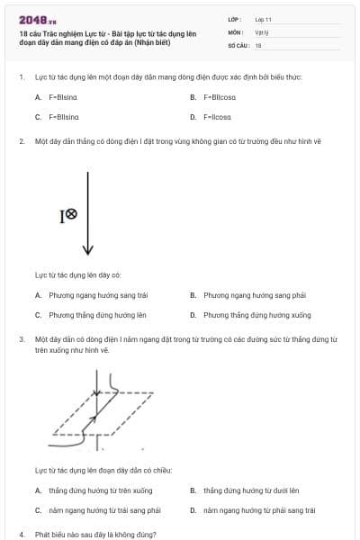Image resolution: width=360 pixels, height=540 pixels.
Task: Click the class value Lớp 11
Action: (263, 18)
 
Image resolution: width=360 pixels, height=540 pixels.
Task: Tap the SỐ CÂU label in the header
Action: (237, 44)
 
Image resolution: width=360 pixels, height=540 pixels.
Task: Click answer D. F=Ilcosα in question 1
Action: (217, 116)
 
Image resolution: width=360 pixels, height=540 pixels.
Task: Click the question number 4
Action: (22, 534)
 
